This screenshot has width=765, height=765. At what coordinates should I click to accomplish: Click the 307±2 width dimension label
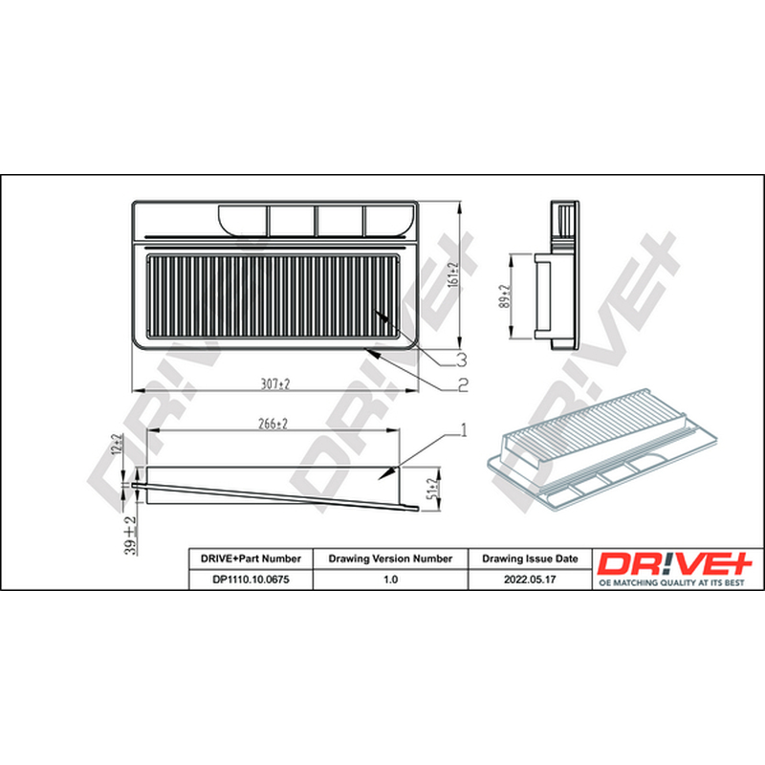[275, 384]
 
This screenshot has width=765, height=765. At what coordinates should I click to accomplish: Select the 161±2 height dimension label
[453, 274]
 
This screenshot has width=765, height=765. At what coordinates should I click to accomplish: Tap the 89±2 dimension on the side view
[505, 296]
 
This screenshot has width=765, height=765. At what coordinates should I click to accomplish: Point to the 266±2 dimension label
[273, 424]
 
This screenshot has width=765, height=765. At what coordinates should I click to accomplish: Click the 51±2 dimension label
[431, 489]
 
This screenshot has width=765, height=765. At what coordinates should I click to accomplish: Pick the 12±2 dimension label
[118, 445]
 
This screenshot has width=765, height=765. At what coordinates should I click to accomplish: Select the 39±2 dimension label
[130, 535]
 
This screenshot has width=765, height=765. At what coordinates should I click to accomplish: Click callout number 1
[464, 430]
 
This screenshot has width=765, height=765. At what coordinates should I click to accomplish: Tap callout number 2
[462, 385]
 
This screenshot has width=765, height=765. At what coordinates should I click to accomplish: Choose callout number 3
[461, 360]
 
